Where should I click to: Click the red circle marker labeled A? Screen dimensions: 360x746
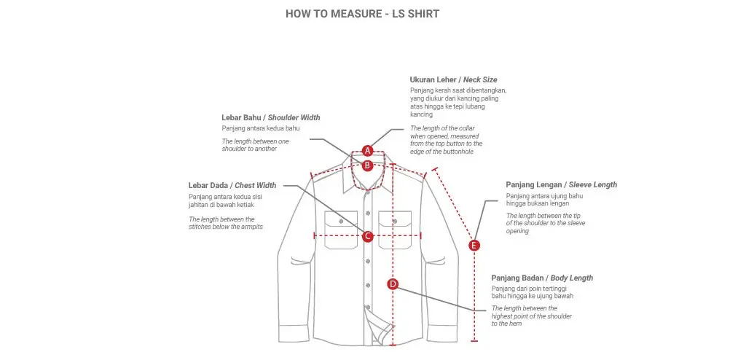coord(368,150)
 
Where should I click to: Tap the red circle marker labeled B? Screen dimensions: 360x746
coord(368,165)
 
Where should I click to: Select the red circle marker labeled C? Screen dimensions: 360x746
coord(368,236)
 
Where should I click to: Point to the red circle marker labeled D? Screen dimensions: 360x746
coord(393,284)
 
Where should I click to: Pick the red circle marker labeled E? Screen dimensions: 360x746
coord(474,246)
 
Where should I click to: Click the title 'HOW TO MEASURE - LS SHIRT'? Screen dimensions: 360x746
coord(362,13)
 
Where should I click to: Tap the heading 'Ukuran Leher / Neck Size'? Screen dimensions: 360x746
coord(453,79)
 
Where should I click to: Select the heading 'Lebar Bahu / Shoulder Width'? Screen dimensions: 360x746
coord(270,117)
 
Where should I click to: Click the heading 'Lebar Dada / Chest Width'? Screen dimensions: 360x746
coord(232,185)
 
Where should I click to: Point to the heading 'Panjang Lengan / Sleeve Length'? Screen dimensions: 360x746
coord(561,184)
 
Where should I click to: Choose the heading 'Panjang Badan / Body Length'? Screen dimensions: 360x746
coord(542,278)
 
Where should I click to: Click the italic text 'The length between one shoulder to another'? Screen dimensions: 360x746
coord(255,144)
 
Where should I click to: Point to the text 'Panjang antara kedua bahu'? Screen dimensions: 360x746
coord(261,128)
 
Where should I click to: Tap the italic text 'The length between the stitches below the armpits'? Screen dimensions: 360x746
coord(226,223)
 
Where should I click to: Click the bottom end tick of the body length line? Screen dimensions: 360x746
coord(474,340)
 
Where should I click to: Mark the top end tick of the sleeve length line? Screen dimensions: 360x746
coord(435,169)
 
